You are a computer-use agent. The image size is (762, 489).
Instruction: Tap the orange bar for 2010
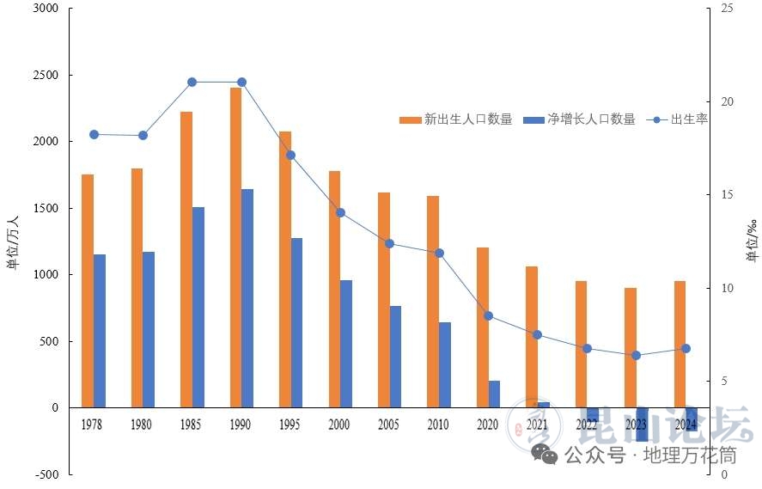pyautogui.click(x=433, y=302)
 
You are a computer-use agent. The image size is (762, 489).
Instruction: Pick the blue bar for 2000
pyautogui.click(x=346, y=344)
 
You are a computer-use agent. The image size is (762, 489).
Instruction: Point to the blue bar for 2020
pyautogui.click(x=494, y=394)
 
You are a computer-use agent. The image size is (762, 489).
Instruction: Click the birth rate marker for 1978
pyautogui.click(x=94, y=134)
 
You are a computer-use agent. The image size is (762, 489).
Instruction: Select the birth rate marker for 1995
pyautogui.click(x=290, y=156)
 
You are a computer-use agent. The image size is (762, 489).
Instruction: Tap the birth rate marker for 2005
pyautogui.click(x=389, y=244)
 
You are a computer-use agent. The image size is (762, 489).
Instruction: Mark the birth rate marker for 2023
pyautogui.click(x=636, y=355)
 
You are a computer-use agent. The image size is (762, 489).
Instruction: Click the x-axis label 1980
pyautogui.click(x=143, y=425)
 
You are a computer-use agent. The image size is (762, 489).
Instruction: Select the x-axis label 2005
pyautogui.click(x=389, y=425)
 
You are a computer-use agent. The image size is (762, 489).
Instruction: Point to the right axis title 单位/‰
pyautogui.click(x=752, y=241)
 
